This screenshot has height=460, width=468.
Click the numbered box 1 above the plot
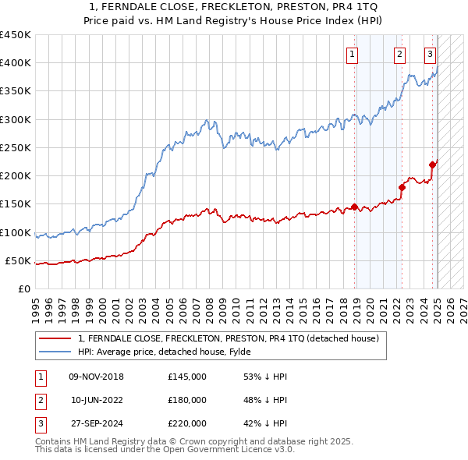tap(353, 54)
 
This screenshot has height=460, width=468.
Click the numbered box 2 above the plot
tap(399, 54)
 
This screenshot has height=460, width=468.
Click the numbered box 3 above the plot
tap(430, 54)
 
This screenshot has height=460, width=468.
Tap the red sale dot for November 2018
tap(354, 207)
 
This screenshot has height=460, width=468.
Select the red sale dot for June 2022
tap(402, 187)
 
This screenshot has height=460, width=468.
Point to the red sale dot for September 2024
tap(432, 165)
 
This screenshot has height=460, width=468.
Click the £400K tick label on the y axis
tap(16, 63)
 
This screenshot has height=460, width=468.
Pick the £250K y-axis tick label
tap(16, 147)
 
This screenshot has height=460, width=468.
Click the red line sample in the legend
tap(55, 338)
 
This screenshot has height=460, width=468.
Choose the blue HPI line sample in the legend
tap(55, 352)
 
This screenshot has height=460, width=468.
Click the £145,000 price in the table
tap(187, 377)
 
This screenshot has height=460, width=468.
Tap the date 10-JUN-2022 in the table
tap(96, 400)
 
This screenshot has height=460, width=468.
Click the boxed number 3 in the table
tap(40, 423)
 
